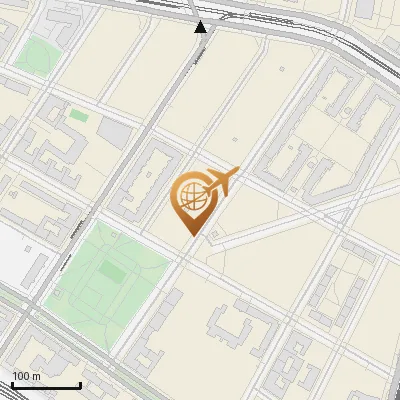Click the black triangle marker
point(202,27)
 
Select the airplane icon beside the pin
point(223,182)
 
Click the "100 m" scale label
point(27,375)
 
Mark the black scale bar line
point(46,385)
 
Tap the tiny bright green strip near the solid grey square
point(78,115)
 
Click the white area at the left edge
point(12,255)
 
